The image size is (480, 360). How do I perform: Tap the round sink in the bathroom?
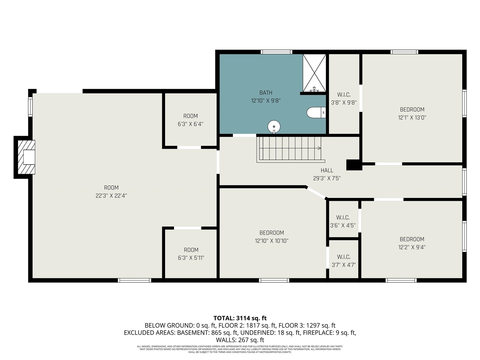coord(274,127)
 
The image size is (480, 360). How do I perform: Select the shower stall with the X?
coord(314,73)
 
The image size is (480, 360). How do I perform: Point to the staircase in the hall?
coord(290,149)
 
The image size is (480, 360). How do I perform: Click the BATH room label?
coord(265,93)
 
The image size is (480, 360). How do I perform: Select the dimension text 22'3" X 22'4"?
coord(111,195)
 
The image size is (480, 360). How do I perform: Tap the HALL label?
coord(327,170)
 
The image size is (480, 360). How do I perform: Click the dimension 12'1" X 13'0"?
coord(412,117)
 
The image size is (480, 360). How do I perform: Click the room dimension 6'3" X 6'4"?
coord(190,124)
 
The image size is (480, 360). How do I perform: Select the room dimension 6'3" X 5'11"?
coord(191,258)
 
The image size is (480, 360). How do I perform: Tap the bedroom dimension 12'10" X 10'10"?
coord(271,241)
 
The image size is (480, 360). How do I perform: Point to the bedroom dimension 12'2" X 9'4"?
coord(412,247)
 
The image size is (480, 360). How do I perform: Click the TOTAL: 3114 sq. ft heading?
coord(240,318)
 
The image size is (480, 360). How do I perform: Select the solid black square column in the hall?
coord(354,165)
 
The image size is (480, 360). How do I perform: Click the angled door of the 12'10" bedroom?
coord(316,193)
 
